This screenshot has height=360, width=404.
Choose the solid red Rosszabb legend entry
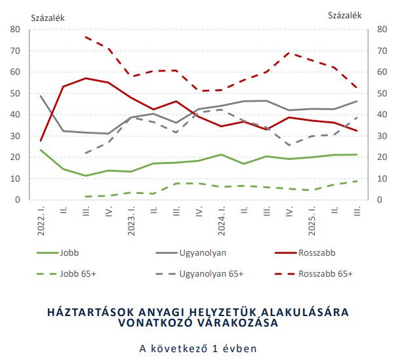(x=317, y=252)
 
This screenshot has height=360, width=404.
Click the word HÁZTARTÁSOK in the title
(x=91, y=310)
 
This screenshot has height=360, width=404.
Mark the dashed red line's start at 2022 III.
(x=86, y=37)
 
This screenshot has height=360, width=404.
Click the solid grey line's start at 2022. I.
(x=41, y=96)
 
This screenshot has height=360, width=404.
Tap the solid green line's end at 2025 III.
(x=357, y=155)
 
